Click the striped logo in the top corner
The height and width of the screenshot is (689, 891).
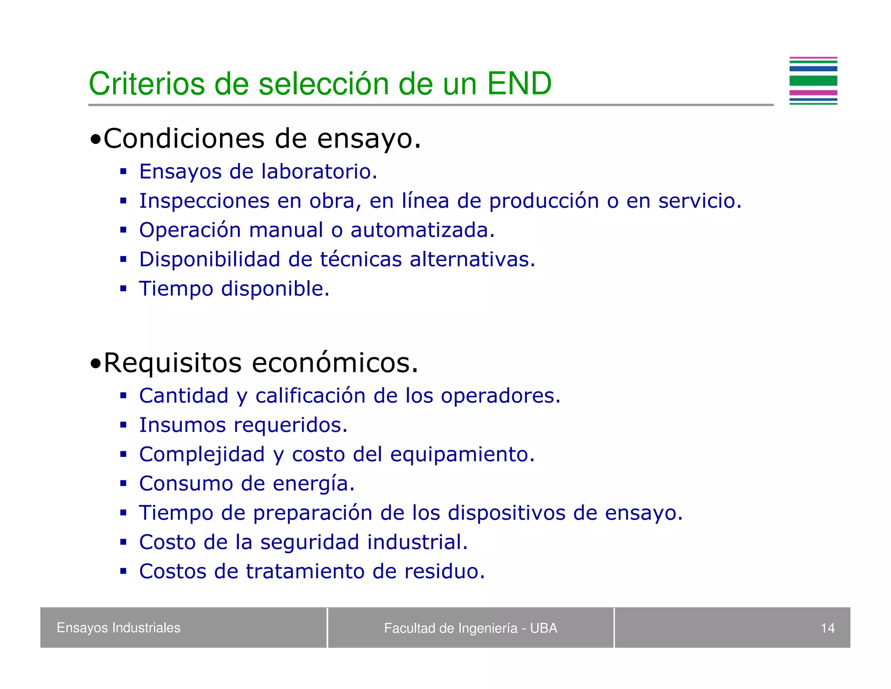[x=813, y=81]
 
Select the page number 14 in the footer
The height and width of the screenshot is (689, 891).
[x=827, y=628]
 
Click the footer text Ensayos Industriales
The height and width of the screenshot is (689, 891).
[x=118, y=628]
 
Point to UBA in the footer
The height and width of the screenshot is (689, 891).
[x=543, y=628]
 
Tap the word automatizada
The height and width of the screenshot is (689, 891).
[x=422, y=230]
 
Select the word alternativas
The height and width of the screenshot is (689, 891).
[x=472, y=260]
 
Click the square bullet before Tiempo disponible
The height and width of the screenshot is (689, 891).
[x=124, y=288]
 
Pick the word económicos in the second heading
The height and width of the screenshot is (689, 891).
[x=335, y=363]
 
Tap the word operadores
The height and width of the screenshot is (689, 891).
[x=500, y=396]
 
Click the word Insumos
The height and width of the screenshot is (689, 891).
[x=182, y=425]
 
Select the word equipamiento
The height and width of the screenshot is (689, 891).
[x=462, y=455]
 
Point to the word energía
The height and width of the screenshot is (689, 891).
[x=313, y=484]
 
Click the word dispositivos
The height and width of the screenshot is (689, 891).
[x=506, y=513]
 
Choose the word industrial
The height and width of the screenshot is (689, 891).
[x=417, y=542]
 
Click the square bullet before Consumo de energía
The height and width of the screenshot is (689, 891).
[x=124, y=483]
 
